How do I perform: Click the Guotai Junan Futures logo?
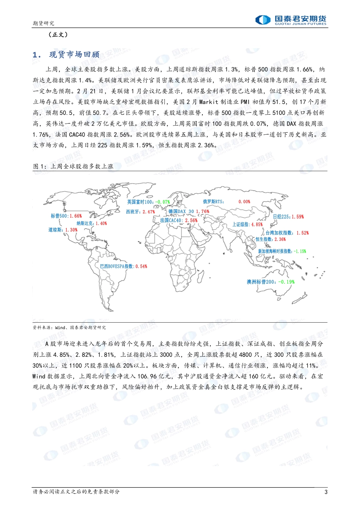click(291, 20)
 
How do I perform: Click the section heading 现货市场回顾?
click(74, 55)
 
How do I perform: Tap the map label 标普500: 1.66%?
click(66, 216)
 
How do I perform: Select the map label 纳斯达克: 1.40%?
click(92, 223)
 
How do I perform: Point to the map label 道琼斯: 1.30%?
click(63, 230)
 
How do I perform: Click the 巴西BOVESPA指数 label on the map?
click(124, 266)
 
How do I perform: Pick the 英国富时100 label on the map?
click(149, 202)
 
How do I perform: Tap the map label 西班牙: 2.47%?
click(140, 212)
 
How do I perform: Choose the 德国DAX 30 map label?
click(189, 212)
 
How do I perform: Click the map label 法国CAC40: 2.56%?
click(178, 220)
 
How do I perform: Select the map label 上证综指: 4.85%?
click(247, 224)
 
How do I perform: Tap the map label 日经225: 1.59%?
click(288, 217)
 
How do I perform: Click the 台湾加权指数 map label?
click(287, 233)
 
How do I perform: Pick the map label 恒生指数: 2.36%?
click(271, 239)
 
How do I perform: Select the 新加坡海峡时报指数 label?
click(282, 251)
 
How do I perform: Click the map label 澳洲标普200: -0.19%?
click(271, 282)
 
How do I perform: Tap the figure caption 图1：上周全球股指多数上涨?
click(73, 166)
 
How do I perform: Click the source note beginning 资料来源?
click(69, 327)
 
